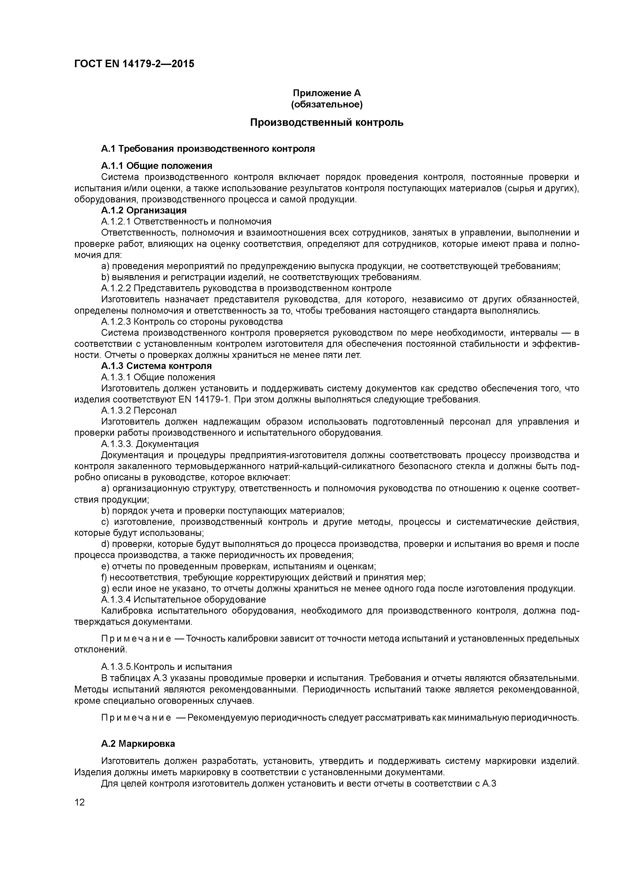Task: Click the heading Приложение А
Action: coord(327,93)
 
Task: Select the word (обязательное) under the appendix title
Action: coord(327,104)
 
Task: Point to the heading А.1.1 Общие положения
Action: coord(157,166)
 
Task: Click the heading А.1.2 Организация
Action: coord(144,210)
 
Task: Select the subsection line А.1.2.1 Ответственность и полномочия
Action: coord(186,222)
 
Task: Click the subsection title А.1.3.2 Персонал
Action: coord(139,410)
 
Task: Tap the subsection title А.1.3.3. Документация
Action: coord(150,444)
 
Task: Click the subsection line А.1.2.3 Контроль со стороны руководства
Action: coord(192,321)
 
